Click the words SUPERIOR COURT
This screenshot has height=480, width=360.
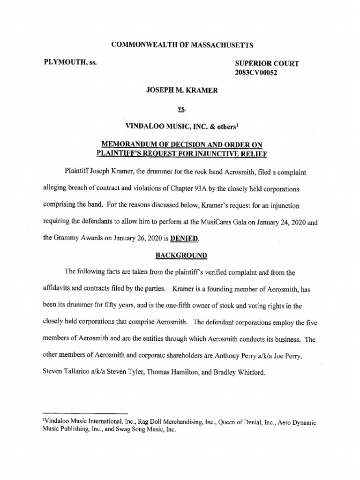(266, 63)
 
